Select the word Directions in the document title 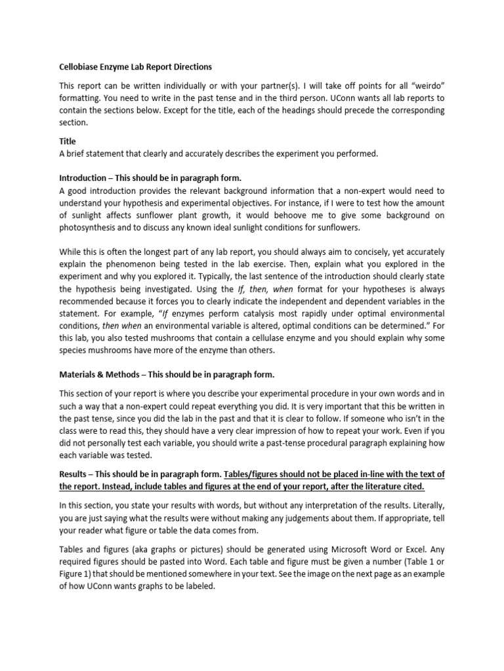pos(190,67)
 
